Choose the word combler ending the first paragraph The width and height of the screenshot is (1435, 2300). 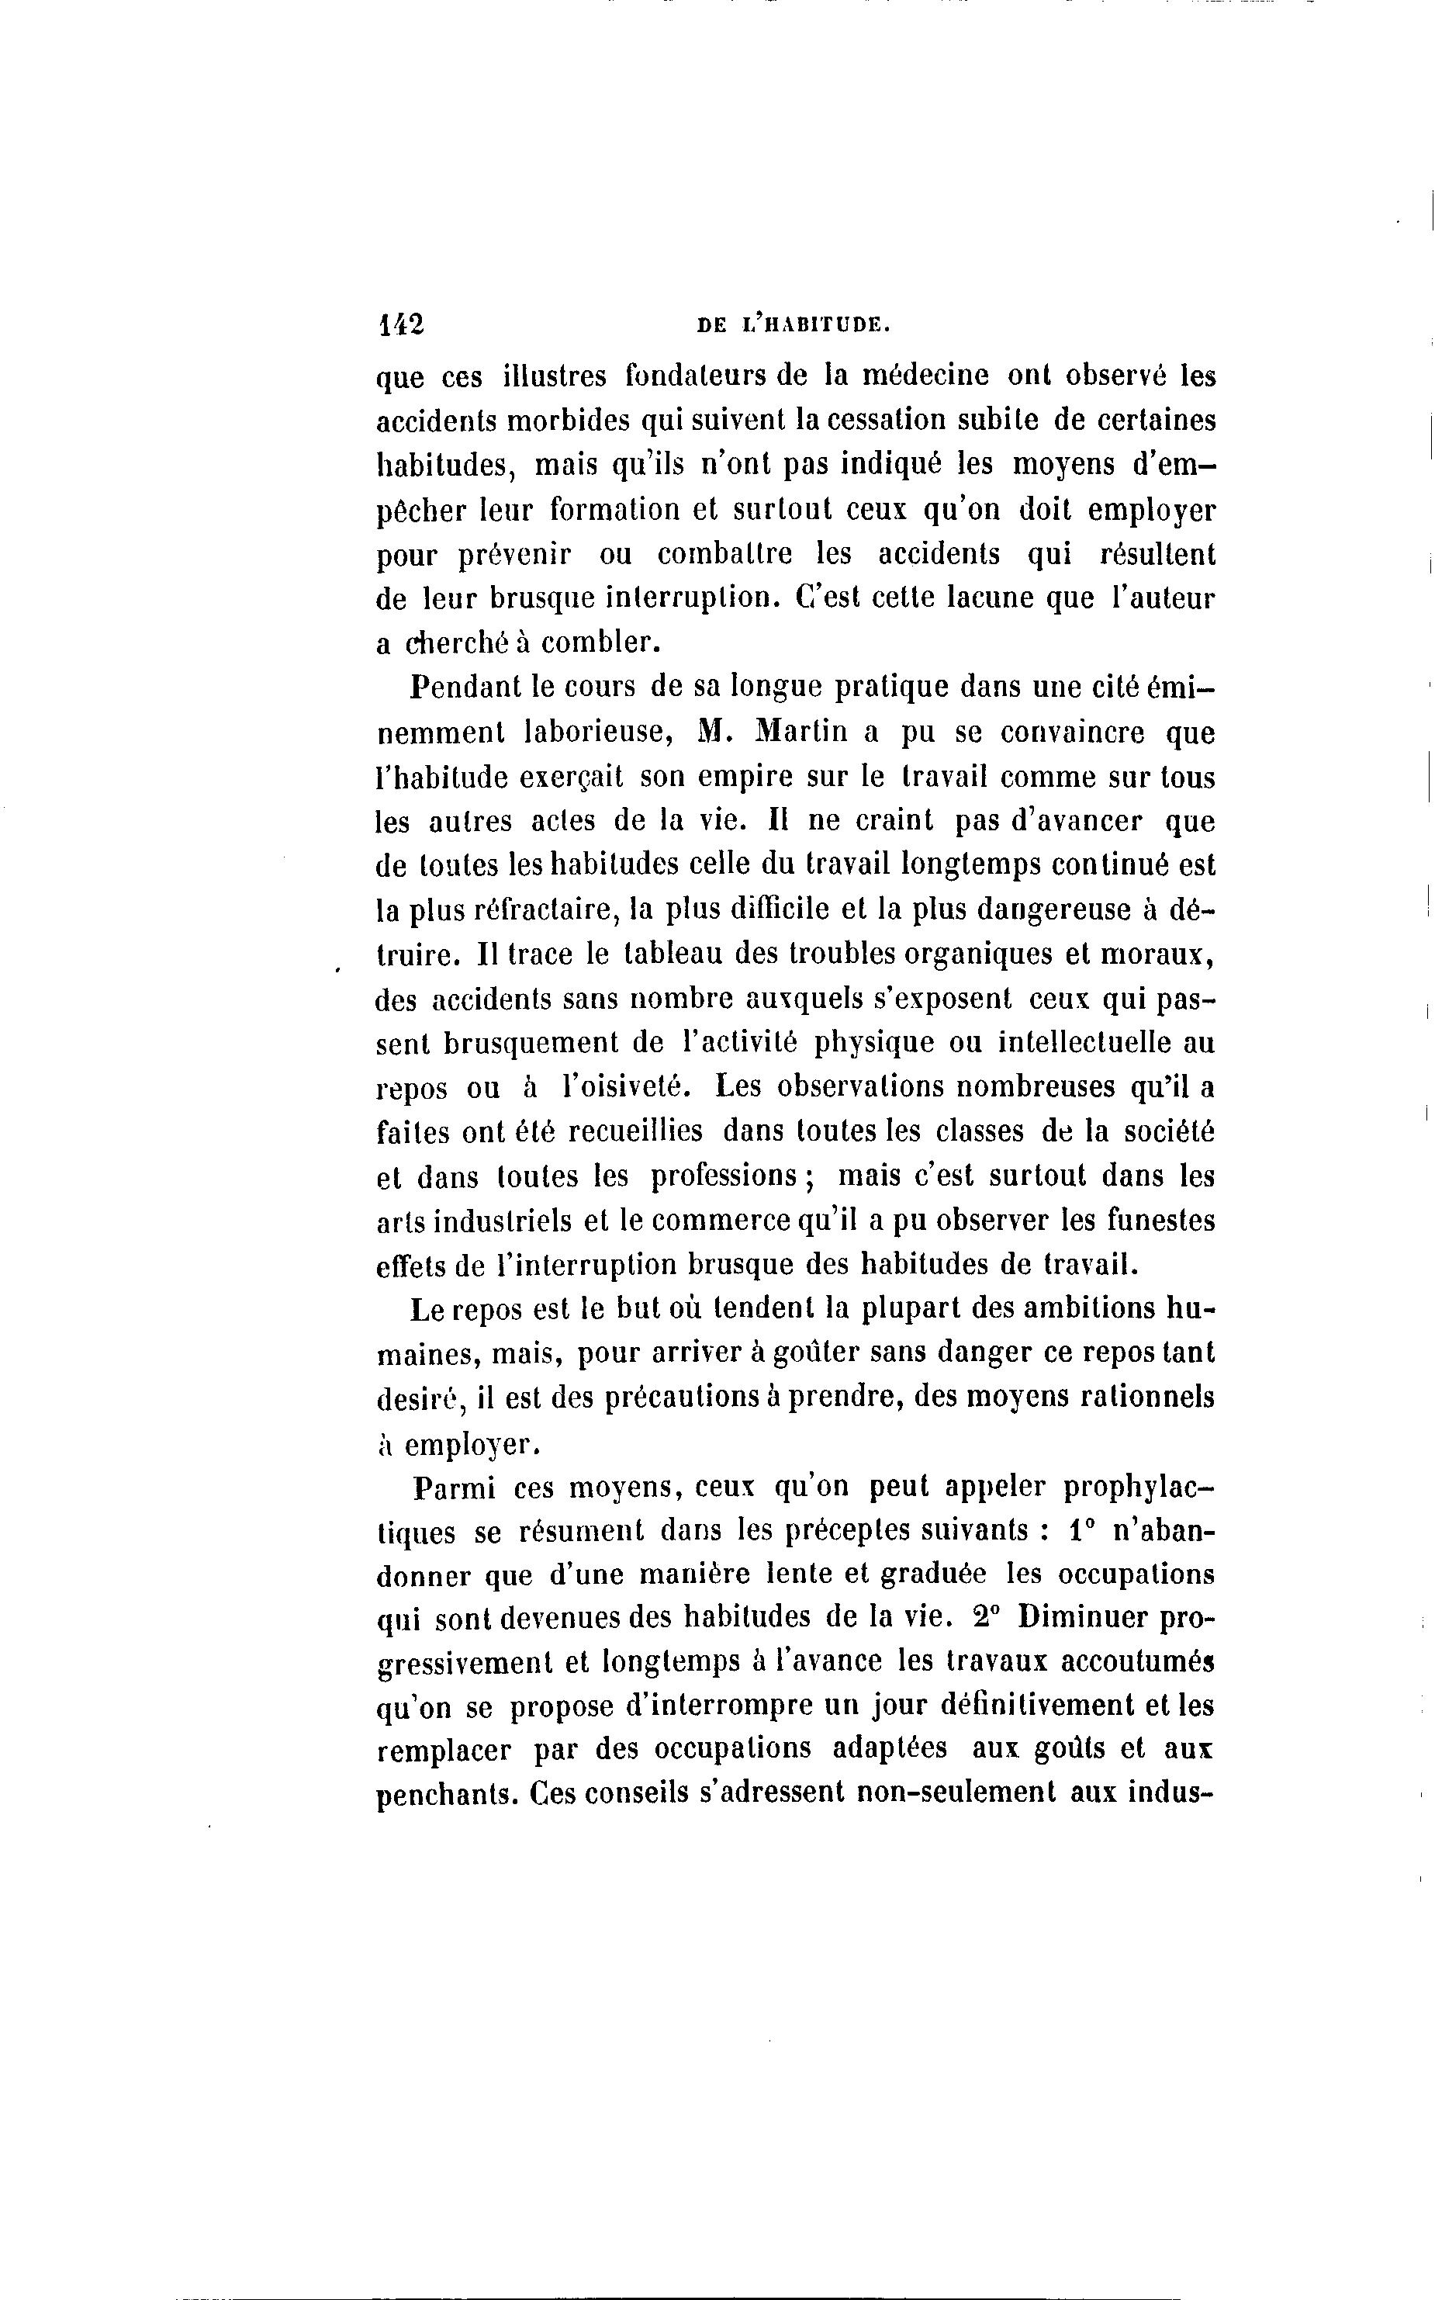point(602,643)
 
